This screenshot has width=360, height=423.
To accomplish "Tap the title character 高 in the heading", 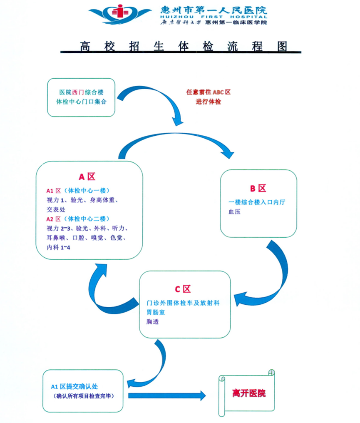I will click(86, 46).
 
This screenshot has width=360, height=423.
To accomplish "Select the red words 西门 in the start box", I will click(78, 92).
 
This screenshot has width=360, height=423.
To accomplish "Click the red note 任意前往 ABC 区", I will click(208, 92).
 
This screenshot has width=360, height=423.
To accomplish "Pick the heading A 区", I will click(87, 176).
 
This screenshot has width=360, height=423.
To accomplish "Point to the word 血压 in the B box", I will click(235, 211).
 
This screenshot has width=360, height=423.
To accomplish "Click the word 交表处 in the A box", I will click(56, 209).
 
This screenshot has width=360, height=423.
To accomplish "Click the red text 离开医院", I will click(249, 393).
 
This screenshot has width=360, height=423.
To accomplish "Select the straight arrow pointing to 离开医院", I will click(166, 395).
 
